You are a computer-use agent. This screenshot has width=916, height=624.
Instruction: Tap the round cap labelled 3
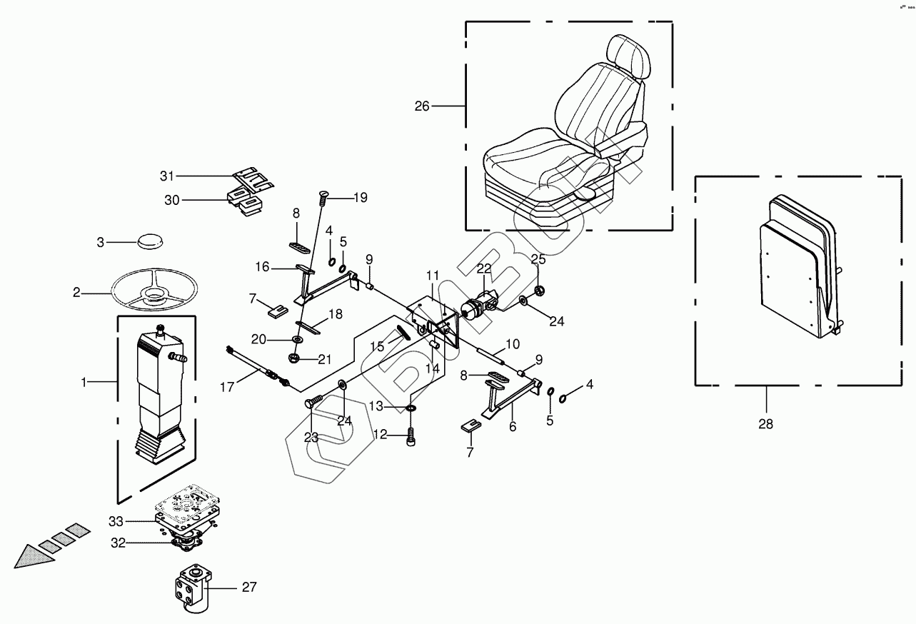[x=149, y=241]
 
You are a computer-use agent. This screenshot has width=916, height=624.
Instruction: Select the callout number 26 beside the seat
[x=422, y=106]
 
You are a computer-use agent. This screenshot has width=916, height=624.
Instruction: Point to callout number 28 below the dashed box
[x=765, y=424]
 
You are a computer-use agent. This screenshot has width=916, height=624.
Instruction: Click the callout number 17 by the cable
[x=226, y=388]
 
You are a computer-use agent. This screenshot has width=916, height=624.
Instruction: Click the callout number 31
[x=167, y=176]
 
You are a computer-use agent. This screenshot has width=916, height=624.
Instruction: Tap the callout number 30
[x=172, y=201]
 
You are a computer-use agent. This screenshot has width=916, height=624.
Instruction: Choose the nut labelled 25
[x=540, y=290]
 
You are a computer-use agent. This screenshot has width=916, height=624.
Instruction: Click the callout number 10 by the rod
[x=513, y=345]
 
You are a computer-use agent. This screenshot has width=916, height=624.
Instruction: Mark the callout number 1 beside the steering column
[x=84, y=383]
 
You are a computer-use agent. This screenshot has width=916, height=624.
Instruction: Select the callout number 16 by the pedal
[x=262, y=267]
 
